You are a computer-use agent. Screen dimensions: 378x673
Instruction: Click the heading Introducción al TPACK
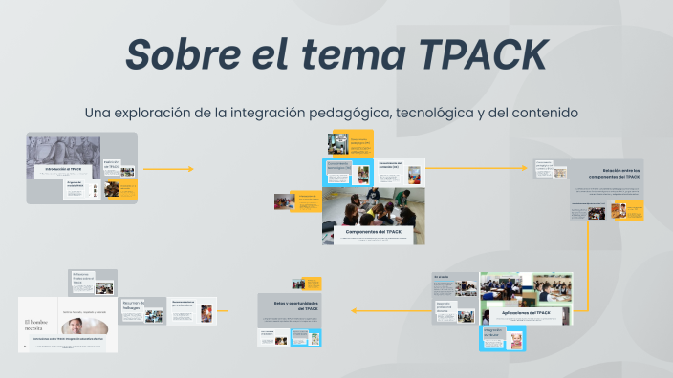(x=62, y=169)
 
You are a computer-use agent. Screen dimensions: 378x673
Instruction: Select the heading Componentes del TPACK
(x=373, y=232)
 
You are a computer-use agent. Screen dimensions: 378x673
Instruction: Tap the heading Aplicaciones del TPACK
(x=526, y=312)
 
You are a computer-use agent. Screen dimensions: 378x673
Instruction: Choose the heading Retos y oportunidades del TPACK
(x=295, y=305)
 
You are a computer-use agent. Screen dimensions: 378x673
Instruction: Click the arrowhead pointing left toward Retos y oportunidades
(x=355, y=310)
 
